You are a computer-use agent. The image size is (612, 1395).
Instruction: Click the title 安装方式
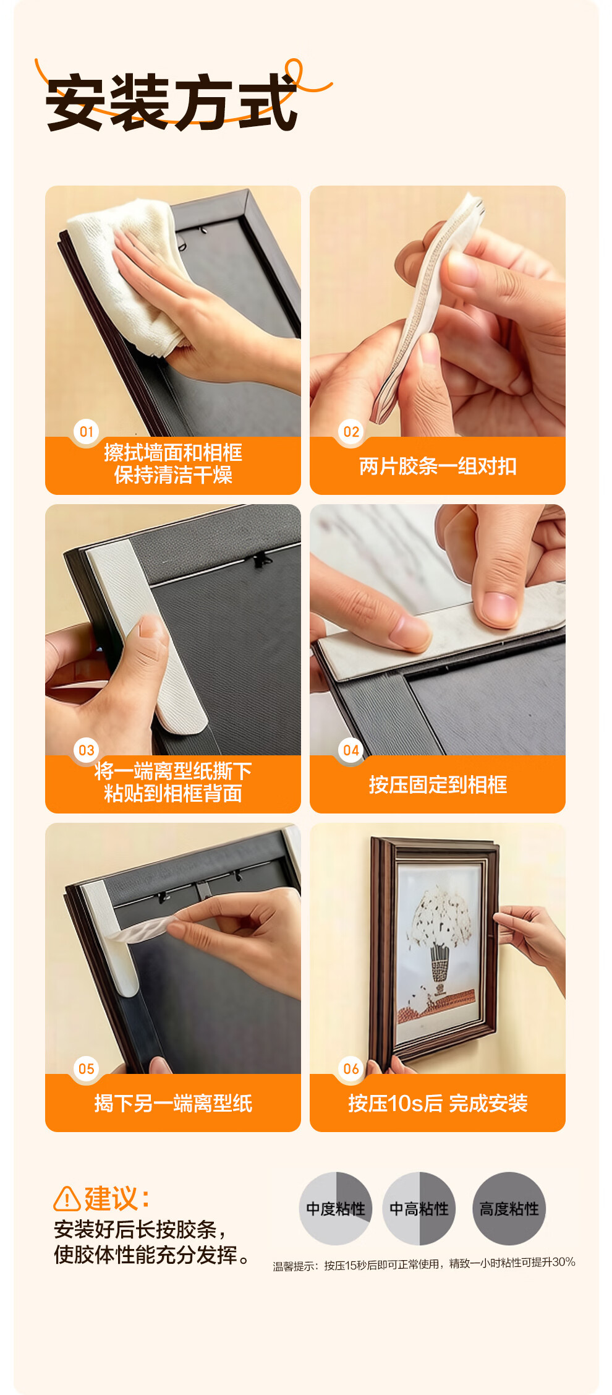pos(172,102)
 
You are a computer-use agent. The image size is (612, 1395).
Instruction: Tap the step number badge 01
pos(87,431)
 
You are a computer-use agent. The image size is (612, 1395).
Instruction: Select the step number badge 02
pos(351,431)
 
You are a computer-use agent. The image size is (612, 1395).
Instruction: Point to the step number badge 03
pos(87,750)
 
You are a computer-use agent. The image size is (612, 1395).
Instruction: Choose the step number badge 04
pos(351,750)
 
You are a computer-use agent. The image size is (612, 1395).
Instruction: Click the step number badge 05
pos(87,1068)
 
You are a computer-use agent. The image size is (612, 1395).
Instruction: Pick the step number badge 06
pos(351,1068)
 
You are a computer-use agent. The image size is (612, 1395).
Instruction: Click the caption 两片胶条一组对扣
pos(438,466)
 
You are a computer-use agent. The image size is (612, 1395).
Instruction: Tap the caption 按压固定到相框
pos(438,784)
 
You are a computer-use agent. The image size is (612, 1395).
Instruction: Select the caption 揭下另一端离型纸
pos(173,1103)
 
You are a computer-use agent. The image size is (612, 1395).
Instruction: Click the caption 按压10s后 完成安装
pos(438,1103)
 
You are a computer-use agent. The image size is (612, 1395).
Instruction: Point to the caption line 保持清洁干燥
pos(173,475)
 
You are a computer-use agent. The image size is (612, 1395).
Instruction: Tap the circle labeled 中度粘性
pos(336,1208)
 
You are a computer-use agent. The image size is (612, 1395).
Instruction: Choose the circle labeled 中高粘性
pos(419,1208)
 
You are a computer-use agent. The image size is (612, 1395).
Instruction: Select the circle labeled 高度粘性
pos(509,1208)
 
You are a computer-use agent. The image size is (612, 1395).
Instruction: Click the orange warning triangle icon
pos(67,1199)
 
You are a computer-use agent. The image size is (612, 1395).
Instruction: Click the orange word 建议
pos(111,1198)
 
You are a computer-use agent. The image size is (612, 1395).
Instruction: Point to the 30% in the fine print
pos(564,1261)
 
